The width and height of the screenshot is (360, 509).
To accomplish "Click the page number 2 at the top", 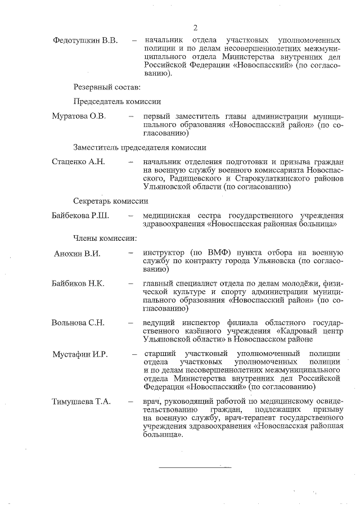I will (195, 28).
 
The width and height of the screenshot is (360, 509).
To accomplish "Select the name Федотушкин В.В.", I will (85, 41).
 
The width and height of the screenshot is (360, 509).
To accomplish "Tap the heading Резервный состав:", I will (106, 87).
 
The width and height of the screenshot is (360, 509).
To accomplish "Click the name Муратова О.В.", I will (79, 116).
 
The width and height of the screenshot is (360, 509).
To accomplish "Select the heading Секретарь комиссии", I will (110, 201).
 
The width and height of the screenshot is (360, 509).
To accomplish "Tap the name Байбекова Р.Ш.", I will (80, 215).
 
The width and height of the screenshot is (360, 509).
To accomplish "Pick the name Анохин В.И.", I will (77, 254).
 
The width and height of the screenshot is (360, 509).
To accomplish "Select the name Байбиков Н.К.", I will (78, 283).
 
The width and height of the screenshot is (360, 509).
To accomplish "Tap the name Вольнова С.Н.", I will (78, 322).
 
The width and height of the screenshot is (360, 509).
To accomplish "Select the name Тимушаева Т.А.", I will (82, 402).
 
